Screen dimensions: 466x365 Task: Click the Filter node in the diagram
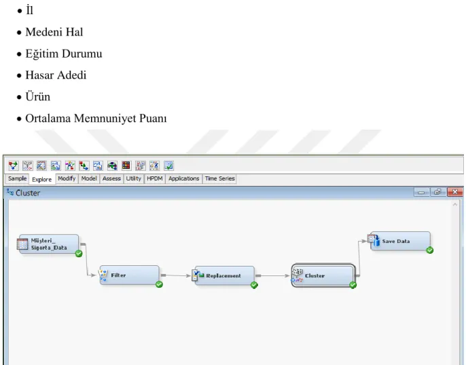[x=129, y=275]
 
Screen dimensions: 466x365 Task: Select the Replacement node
[x=224, y=275]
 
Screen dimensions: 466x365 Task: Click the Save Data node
[x=400, y=241]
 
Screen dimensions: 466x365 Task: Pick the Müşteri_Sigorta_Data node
[x=48, y=244]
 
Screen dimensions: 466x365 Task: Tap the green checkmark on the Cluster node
[x=353, y=285]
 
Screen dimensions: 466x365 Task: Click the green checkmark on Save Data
[x=430, y=250]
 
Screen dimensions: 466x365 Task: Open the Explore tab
[x=42, y=179]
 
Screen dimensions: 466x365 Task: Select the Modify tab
[x=67, y=178]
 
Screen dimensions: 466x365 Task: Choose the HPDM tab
[x=155, y=178]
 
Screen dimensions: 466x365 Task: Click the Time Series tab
[x=219, y=178]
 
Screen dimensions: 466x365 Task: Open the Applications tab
[x=183, y=178]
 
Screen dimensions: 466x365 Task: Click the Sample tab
[x=17, y=178]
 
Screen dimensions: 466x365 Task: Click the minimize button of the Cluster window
[x=421, y=192]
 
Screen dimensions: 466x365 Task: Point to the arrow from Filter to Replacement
[x=176, y=275]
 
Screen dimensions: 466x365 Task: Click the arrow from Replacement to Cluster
[x=272, y=275]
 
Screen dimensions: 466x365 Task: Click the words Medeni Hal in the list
[x=54, y=32]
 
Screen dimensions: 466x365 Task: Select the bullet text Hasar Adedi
[x=56, y=75]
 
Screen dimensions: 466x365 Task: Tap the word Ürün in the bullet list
[x=38, y=96]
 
